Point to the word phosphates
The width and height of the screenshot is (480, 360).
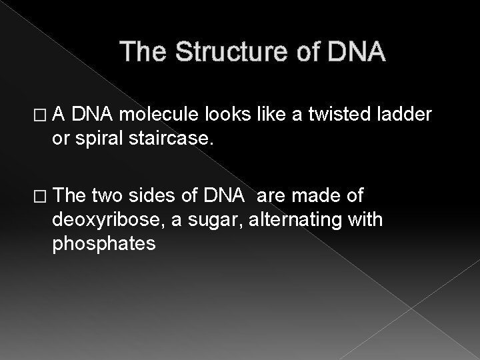point(104,245)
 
